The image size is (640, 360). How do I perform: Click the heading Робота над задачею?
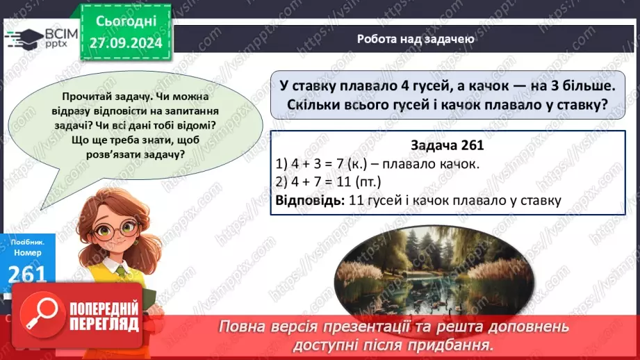[x=416, y=39]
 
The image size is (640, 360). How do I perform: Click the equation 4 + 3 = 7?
[x=326, y=164]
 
